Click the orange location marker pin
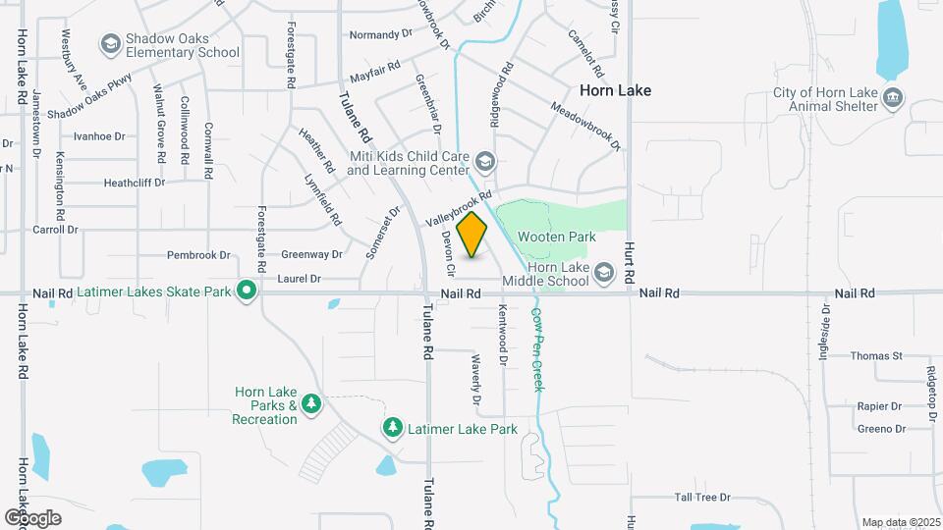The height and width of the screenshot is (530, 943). [x=472, y=235]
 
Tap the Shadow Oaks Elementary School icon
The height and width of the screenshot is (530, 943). [x=110, y=44]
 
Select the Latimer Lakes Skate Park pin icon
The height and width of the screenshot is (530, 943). [x=247, y=291]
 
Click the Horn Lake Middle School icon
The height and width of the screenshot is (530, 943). [x=603, y=272]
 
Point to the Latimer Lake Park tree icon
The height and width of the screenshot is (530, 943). [x=393, y=429]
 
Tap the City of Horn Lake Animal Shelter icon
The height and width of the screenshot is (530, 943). [x=893, y=98]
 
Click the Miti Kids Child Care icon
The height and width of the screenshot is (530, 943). [x=484, y=161]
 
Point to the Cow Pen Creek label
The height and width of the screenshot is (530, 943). [x=538, y=349]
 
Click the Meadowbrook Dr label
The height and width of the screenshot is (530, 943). [x=586, y=126]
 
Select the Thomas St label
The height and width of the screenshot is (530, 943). [x=876, y=355]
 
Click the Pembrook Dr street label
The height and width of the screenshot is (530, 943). [x=198, y=255]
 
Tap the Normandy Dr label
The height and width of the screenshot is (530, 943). [x=382, y=34]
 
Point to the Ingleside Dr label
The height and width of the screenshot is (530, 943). [x=824, y=333]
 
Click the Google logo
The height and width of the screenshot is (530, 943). [x=31, y=518]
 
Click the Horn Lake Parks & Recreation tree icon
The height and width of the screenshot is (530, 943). [x=310, y=403]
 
